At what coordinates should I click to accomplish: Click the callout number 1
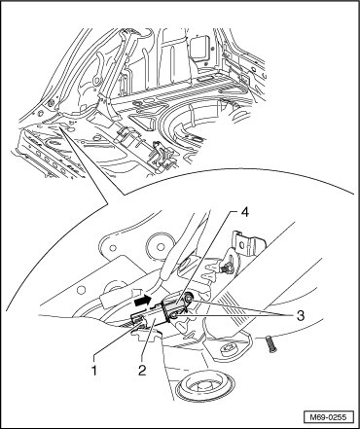coord(94,370)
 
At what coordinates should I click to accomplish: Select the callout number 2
coord(142,370)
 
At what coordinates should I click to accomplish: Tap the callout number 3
coord(301,315)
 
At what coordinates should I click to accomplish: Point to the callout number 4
coord(244,213)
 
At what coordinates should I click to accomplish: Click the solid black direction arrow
coord(143,301)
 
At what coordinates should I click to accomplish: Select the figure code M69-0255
coord(329,417)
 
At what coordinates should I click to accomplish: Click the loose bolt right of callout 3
coord(271,344)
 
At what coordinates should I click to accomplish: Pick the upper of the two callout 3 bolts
coord(189,298)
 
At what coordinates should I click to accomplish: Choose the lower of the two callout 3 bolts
coord(174,315)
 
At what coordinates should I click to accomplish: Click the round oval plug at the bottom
coord(204,387)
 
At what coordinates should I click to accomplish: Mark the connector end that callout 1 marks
coord(137,319)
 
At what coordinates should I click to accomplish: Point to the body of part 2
coord(154,315)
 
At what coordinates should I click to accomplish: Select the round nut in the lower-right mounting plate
coord(228,350)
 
